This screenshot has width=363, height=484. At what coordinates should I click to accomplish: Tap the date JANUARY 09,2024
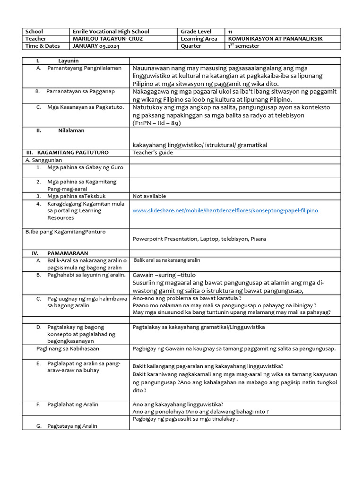pos(93,46)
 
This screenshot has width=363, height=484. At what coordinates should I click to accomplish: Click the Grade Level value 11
pos(230,32)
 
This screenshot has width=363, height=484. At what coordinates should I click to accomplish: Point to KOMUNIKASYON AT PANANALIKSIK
pos(276,39)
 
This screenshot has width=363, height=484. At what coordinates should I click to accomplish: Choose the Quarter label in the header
pos(190,46)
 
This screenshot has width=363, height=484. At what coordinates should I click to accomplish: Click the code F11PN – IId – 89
pos(156,123)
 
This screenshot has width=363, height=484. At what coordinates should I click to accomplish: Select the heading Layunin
pos(68,61)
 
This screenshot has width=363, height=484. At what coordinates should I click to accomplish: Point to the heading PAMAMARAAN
pos(68,253)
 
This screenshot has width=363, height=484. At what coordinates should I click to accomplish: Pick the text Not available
pos(149,196)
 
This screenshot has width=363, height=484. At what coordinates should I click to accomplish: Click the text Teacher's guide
pos(153,153)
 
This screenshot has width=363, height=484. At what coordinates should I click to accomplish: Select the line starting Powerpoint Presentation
pos(199,239)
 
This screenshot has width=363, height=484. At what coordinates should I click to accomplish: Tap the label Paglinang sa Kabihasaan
pos(68,349)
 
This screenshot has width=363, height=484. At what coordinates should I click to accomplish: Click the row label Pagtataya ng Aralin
pos(72,426)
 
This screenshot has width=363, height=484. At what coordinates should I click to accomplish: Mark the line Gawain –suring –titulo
pos(164,275)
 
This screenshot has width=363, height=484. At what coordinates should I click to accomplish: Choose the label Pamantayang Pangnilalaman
pos(84,69)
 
